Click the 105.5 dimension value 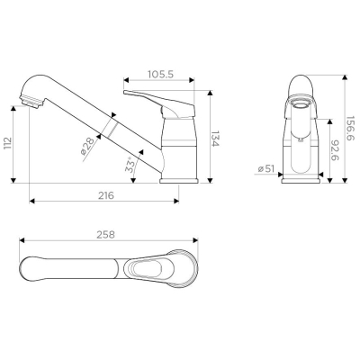(x=160, y=75)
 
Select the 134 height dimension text (x=215, y=139)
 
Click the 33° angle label (x=130, y=165)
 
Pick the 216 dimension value (x=106, y=195)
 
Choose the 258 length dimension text (x=105, y=235)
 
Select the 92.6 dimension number (x=336, y=150)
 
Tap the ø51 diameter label (x=265, y=169)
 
